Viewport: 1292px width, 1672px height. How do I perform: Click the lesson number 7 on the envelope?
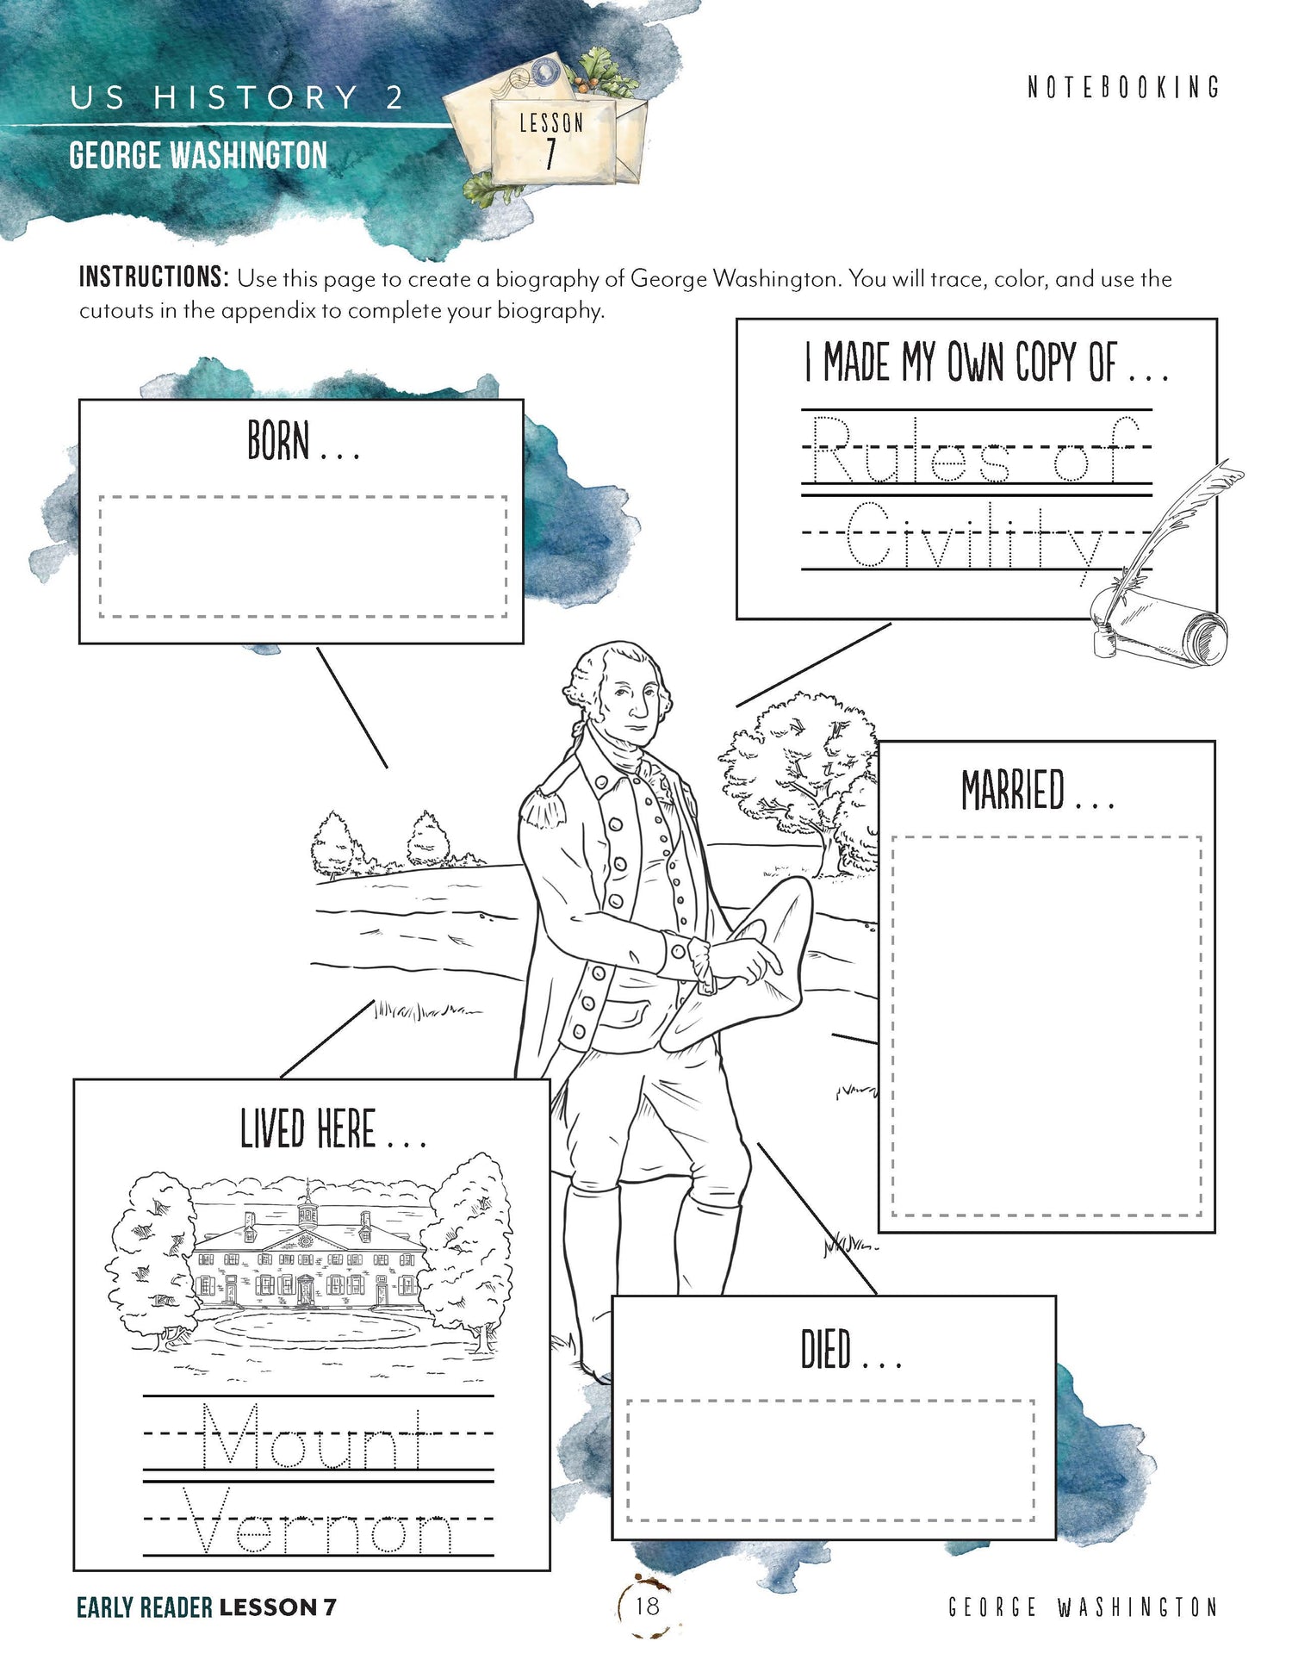pos(550,154)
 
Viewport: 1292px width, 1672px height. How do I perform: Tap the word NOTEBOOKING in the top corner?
pos(1123,87)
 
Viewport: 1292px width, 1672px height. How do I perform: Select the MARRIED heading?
pos(1014,790)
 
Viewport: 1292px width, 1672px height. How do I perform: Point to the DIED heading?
pos(827,1349)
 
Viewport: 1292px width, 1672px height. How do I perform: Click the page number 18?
pos(647,1605)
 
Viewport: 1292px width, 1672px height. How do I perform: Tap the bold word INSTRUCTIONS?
pos(153,277)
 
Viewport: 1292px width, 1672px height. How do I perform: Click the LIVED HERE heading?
pos(308,1129)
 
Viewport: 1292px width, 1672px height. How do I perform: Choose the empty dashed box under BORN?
pos(302,556)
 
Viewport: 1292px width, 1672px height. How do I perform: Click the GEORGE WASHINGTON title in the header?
pos(198,156)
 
